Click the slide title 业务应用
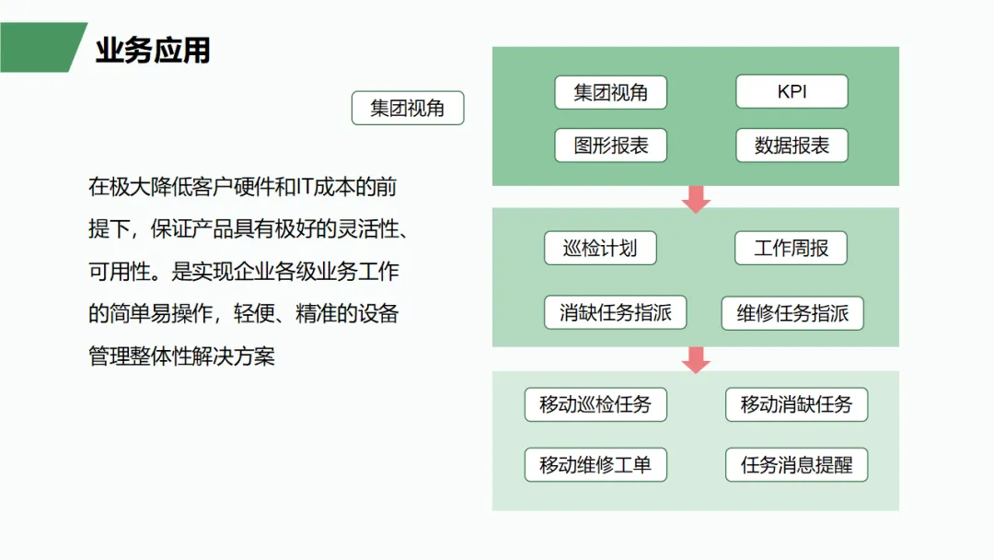[x=153, y=50]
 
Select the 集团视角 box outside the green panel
[x=408, y=108]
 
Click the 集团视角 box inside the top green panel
[x=610, y=93]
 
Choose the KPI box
[x=792, y=91]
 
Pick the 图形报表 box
[x=610, y=146]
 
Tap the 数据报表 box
[x=792, y=146]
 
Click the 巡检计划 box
[x=600, y=248]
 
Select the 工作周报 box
[x=792, y=248]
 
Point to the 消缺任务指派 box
[x=616, y=312]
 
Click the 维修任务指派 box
[x=792, y=313]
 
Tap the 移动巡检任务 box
[x=595, y=404]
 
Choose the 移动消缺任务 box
[x=797, y=404]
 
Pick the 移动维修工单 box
[x=595, y=465]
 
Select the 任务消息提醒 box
[x=797, y=465]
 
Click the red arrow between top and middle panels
[x=696, y=199]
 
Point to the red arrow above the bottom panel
[x=696, y=359]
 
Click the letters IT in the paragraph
[x=305, y=186]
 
